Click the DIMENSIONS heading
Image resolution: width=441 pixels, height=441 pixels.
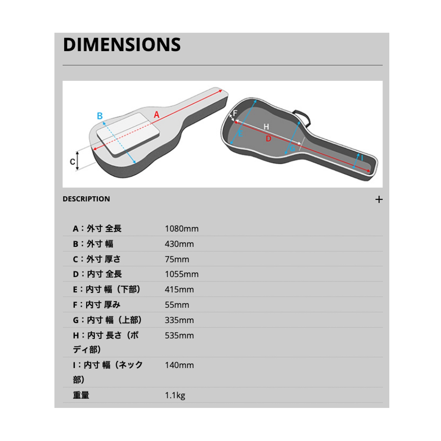(122, 44)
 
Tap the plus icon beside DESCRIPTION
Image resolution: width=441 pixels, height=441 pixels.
(379, 199)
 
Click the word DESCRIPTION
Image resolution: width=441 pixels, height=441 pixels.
(86, 199)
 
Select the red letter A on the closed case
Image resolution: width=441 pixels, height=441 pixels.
(156, 114)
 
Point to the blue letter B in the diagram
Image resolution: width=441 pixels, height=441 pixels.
(100, 116)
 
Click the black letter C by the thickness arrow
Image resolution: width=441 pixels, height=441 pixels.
(72, 162)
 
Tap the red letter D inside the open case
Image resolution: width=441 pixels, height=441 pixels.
(268, 139)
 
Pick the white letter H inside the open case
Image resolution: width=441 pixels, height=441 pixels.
(266, 126)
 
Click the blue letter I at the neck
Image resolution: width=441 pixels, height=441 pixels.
(362, 158)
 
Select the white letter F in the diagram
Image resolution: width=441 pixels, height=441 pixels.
(235, 113)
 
